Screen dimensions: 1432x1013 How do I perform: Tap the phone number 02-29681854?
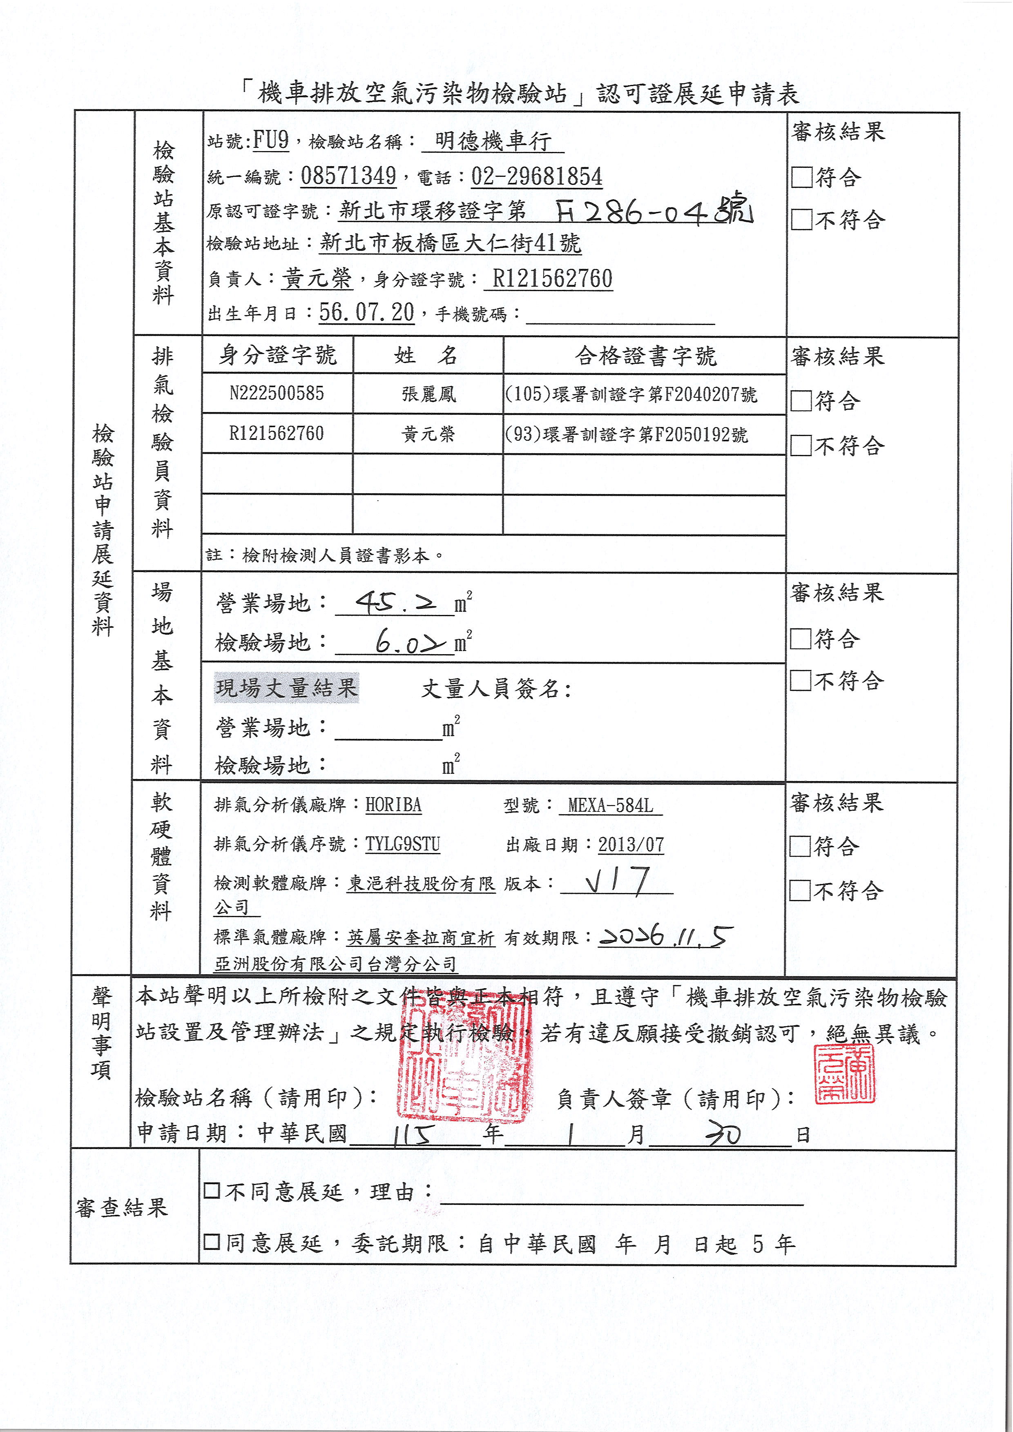click(536, 176)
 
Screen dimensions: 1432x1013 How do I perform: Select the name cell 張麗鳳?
click(428, 394)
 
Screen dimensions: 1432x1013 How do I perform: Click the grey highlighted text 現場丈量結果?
click(286, 688)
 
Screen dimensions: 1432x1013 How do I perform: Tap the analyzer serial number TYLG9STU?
click(402, 844)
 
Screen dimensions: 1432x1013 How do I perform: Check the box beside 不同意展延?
click(212, 1191)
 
